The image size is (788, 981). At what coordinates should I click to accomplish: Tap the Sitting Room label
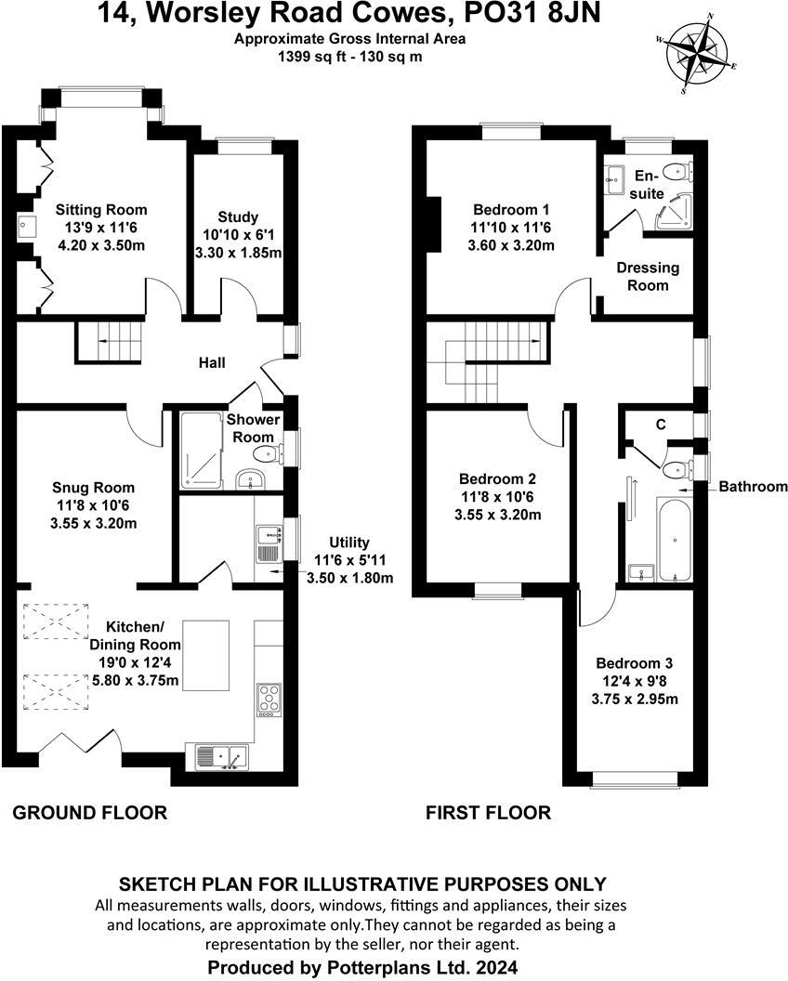(100, 210)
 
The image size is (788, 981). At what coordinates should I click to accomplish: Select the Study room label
(238, 217)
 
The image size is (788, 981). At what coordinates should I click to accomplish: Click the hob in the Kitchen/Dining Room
(268, 700)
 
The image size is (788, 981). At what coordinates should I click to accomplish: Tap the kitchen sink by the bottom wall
(220, 757)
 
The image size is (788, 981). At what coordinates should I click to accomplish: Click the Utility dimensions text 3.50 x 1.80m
(350, 577)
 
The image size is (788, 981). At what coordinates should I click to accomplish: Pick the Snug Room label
(93, 488)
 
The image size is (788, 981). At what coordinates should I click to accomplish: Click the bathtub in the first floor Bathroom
(674, 539)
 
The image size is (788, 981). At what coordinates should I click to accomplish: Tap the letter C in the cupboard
(661, 425)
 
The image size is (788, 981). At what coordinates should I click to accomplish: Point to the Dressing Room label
(648, 276)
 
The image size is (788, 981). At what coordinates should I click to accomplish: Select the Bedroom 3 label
(635, 663)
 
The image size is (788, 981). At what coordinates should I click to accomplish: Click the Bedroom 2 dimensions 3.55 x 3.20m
(497, 514)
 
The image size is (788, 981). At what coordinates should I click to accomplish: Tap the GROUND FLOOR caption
(90, 813)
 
